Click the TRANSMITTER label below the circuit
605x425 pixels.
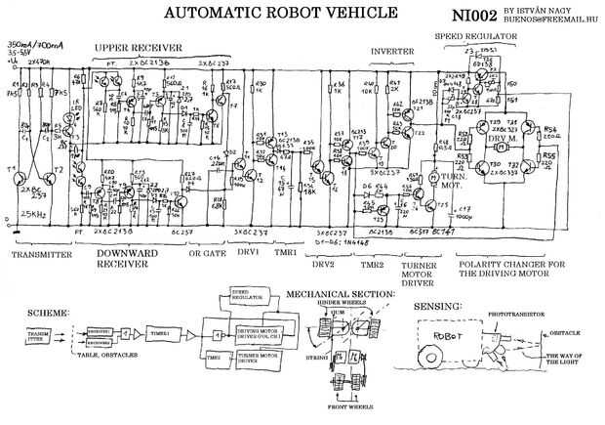tap(40, 254)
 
